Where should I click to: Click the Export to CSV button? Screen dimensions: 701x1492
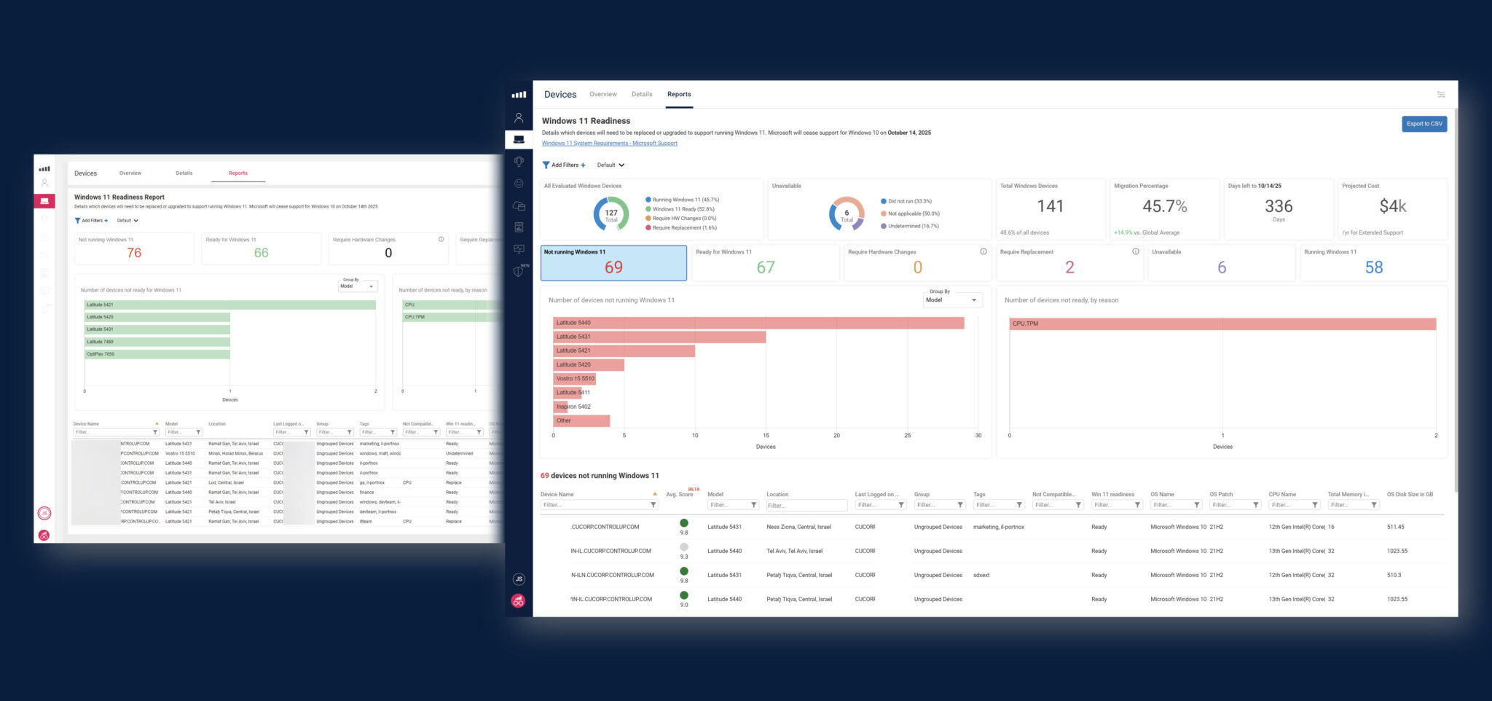(x=1424, y=124)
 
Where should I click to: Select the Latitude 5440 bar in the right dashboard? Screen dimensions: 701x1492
(x=758, y=323)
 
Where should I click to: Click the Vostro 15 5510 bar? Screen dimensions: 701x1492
(x=575, y=379)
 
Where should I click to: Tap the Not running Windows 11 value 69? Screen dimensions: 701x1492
(x=613, y=267)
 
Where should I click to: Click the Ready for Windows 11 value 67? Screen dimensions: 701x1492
(x=765, y=267)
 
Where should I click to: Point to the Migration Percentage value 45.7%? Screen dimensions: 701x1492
(x=1164, y=207)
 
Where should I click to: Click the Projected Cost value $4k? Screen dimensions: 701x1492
(x=1392, y=207)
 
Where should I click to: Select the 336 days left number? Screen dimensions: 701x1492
(x=1279, y=207)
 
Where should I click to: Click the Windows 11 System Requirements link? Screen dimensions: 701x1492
(x=609, y=144)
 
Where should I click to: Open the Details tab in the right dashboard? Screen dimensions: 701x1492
(x=642, y=95)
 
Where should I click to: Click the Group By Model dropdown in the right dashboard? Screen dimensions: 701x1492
(x=951, y=300)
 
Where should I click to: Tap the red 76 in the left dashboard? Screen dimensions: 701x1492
(x=134, y=253)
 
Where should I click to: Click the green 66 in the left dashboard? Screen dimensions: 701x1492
(x=261, y=253)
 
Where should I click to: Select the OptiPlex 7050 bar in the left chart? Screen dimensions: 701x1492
(x=157, y=354)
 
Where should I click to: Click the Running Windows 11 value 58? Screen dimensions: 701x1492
(x=1373, y=267)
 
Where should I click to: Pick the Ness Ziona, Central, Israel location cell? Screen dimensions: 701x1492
(x=798, y=527)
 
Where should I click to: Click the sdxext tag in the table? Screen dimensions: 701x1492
(x=981, y=576)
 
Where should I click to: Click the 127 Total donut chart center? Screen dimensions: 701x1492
(x=611, y=215)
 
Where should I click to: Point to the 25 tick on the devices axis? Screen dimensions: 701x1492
(x=907, y=436)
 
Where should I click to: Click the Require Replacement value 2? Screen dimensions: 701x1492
(x=1069, y=267)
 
